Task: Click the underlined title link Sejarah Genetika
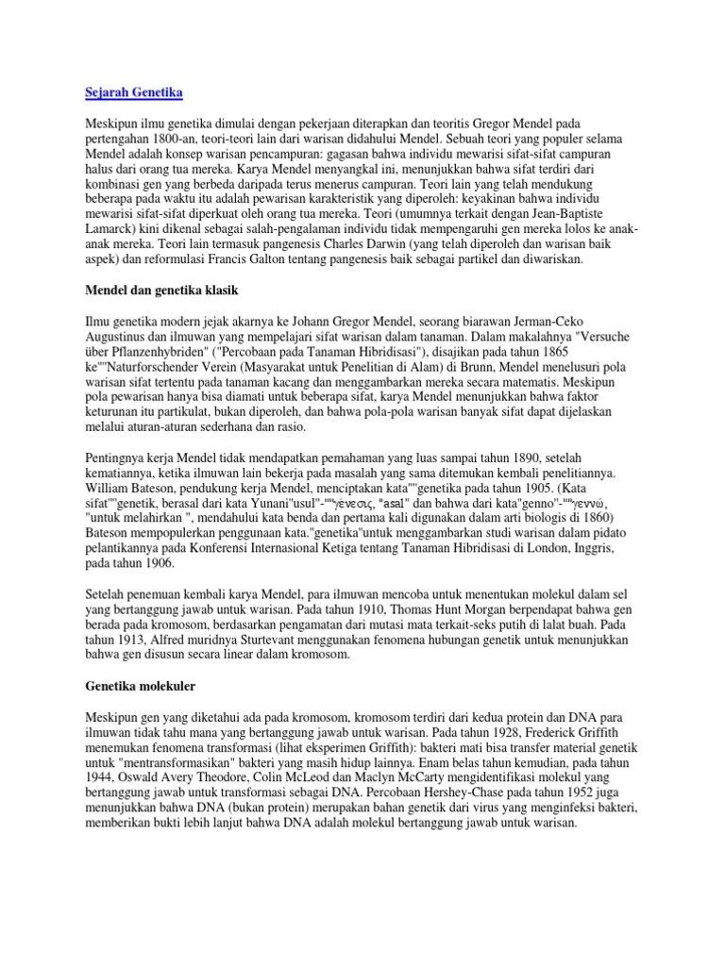click(x=127, y=92)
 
